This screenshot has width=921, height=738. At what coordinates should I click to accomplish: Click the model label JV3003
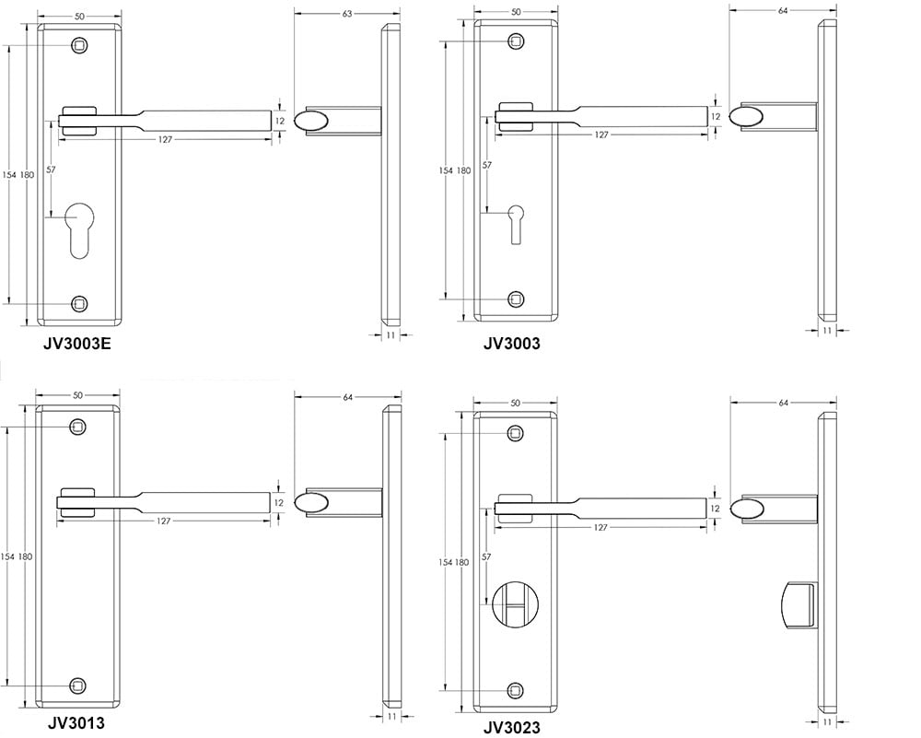[x=511, y=344]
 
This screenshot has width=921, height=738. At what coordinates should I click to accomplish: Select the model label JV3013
[x=76, y=722]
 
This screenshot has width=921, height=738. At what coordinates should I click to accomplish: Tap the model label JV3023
[x=511, y=727]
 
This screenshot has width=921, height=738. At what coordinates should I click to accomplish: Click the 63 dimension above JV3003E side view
[x=346, y=14]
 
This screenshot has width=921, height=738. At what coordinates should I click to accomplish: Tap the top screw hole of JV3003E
[x=80, y=45]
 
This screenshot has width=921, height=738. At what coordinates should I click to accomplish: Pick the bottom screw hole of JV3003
[x=517, y=299]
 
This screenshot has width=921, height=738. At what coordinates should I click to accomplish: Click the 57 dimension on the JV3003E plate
[x=51, y=170]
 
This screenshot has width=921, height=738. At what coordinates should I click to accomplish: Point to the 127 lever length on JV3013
[x=163, y=521]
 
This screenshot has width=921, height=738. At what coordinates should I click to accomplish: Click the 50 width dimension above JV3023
[x=515, y=403]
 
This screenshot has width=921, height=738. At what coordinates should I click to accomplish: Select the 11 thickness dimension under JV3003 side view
[x=826, y=330]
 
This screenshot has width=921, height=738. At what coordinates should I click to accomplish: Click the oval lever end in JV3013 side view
[x=311, y=502]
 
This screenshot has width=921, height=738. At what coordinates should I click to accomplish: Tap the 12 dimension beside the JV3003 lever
[x=715, y=117]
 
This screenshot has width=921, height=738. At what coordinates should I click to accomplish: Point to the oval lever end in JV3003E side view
[x=311, y=120]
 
